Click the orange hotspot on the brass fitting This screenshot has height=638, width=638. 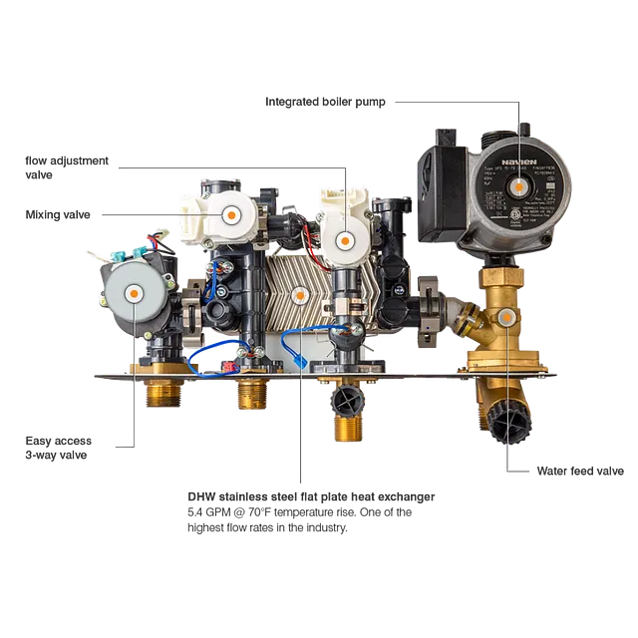pos(506,317)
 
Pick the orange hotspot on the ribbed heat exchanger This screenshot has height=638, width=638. pos(299,294)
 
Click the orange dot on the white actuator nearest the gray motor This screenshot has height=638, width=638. pos(230,213)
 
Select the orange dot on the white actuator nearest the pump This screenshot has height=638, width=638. pos(345,238)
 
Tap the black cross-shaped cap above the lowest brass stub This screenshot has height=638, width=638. pos(348,403)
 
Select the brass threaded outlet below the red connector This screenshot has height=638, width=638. pos(250,394)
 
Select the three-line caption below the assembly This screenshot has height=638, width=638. pos(310,510)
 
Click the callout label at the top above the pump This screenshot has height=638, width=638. pos(328,101)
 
